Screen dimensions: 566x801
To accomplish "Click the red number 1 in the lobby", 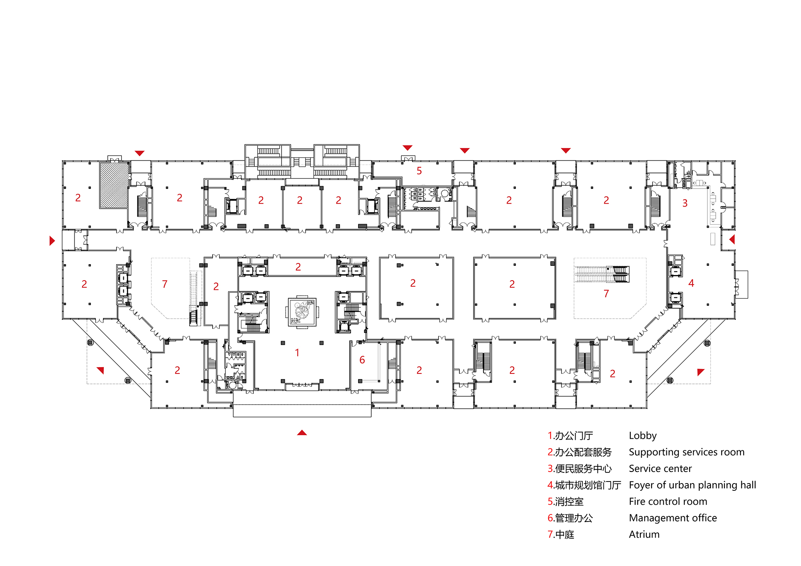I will (297, 353).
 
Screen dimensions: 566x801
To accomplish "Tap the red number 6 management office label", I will (362, 360).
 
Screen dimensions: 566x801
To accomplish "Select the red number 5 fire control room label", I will (419, 171).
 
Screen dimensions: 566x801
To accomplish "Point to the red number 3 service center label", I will (685, 203).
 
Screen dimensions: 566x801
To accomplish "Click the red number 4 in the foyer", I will (691, 283).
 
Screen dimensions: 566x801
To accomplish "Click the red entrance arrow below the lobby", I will (302, 433).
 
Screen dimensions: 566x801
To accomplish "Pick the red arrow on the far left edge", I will (52, 241).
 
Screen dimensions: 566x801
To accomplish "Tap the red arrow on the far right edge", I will (732, 239).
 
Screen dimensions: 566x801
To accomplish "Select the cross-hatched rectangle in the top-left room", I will (114, 185).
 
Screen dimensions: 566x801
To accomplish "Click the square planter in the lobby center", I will (302, 312).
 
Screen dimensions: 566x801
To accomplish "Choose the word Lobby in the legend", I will (642, 436).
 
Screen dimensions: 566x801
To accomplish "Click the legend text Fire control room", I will (668, 502).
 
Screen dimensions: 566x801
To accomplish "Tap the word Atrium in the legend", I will (644, 534).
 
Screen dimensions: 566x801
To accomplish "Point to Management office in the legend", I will (673, 518).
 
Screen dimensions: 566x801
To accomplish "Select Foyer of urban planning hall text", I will (692, 485).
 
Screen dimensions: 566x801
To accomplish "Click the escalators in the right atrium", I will (602, 274).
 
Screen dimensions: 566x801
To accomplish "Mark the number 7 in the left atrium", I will (165, 284).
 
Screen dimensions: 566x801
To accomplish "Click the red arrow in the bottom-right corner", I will (700, 371).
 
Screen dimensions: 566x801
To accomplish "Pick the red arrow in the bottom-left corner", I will (101, 370).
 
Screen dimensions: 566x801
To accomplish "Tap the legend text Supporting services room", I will (686, 452).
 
